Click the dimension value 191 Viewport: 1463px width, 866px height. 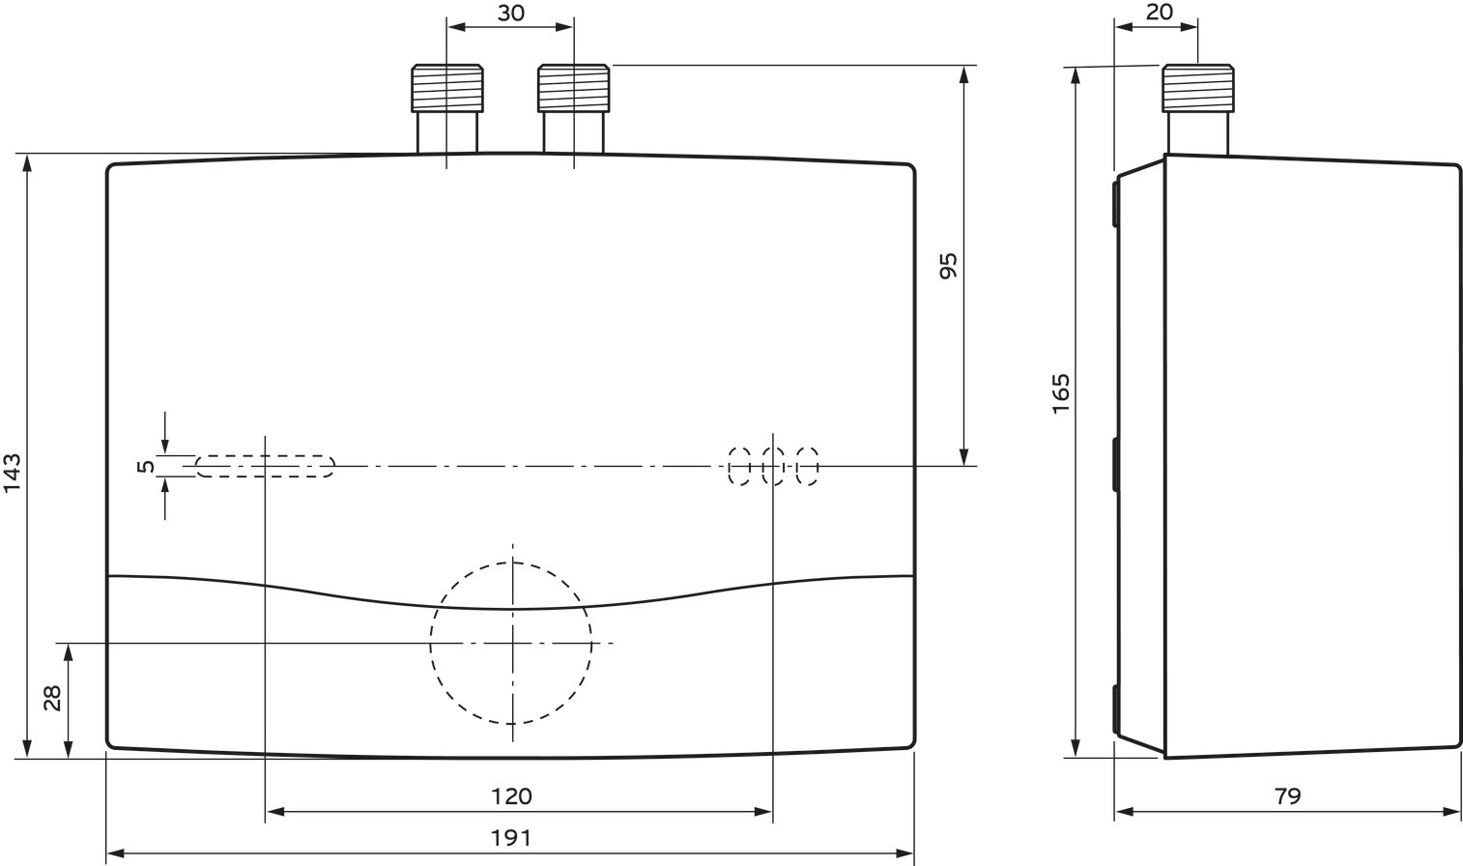pos(511,838)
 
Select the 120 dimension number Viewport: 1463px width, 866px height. pos(511,796)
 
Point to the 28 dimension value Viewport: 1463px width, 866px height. pos(53,698)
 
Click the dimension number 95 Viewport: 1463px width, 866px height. pos(948,266)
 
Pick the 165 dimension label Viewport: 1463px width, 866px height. pos(1061,393)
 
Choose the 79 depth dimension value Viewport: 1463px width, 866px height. pos(1287,796)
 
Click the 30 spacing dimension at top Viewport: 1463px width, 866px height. pos(511,13)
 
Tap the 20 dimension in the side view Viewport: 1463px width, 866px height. pos(1160,12)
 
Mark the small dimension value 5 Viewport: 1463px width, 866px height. pos(147,466)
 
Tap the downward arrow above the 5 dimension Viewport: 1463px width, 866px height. pos(165,432)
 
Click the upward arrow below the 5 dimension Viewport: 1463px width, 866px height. pos(165,499)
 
